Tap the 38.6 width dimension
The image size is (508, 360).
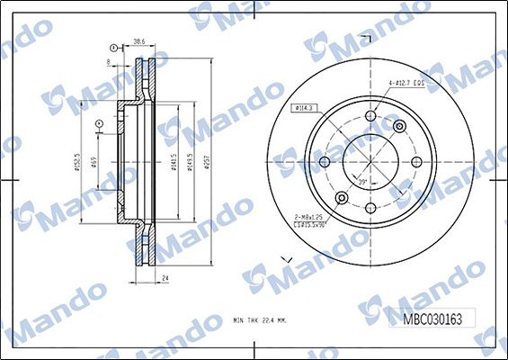pos(139,42)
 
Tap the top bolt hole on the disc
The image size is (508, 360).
pos(370,117)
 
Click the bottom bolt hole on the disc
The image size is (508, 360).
pos(370,208)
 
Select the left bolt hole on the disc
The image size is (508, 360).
pos(325,163)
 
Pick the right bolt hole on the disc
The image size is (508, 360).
pos(415,163)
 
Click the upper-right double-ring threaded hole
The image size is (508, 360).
pos(399,127)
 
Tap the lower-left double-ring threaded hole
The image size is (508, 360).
pos(342,198)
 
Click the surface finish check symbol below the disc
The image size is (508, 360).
pos(289,261)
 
